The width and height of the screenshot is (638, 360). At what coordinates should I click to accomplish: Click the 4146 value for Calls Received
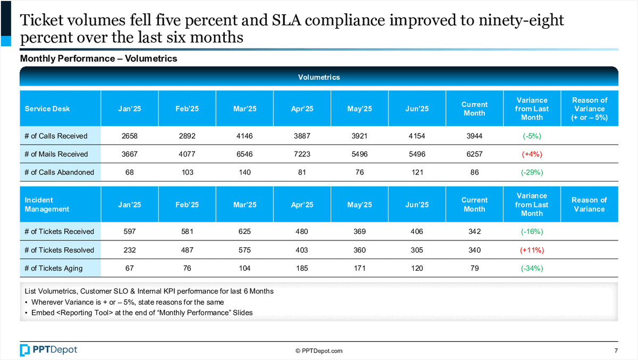[245, 136]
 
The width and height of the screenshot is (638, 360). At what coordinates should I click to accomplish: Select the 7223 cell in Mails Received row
[302, 154]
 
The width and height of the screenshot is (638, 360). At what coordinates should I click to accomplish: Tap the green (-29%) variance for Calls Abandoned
[532, 172]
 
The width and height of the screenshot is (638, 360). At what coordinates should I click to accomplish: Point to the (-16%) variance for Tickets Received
[532, 231]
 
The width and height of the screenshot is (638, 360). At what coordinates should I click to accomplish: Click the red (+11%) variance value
[532, 250]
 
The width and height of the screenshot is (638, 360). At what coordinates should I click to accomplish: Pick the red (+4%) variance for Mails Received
[532, 154]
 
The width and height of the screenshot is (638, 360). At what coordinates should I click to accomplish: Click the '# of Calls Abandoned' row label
[60, 172]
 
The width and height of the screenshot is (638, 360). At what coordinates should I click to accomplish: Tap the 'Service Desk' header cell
[47, 108]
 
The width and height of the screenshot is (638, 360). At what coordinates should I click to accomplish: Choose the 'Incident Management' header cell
[47, 205]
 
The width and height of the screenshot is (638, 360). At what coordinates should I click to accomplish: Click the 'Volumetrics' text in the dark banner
[319, 77]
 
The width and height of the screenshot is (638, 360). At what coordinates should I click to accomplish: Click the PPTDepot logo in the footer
[48, 350]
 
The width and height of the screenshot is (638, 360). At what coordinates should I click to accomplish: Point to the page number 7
[616, 350]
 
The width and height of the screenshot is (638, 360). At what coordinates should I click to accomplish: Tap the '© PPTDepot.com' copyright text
[319, 350]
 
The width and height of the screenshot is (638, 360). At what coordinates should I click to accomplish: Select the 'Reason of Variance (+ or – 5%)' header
[589, 108]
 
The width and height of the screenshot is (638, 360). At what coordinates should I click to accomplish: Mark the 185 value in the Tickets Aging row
[302, 268]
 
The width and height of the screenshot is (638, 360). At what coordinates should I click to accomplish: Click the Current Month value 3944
[474, 136]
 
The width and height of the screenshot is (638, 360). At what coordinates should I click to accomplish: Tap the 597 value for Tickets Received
[130, 231]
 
